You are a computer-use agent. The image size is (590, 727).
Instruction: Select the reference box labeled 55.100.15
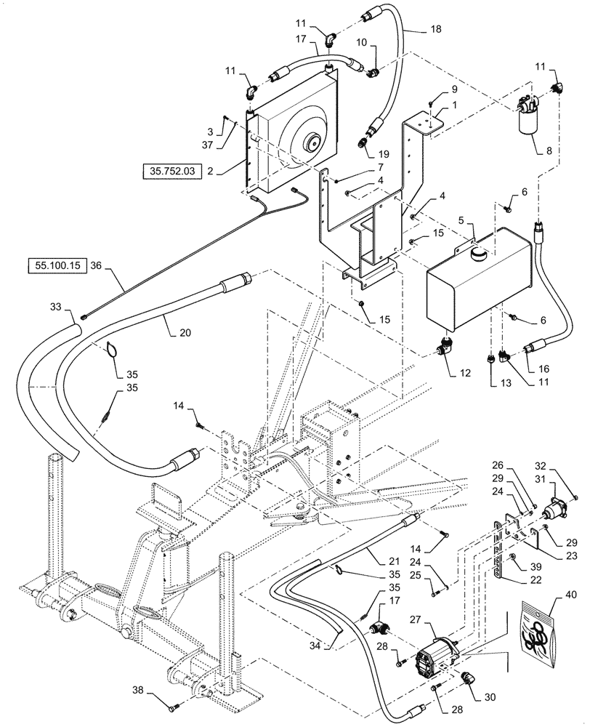coord(57,265)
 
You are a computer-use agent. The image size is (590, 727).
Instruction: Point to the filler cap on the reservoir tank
coord(480,254)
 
